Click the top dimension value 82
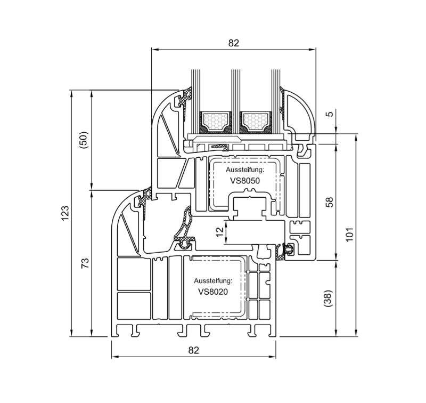[233, 43]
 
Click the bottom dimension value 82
[193, 350]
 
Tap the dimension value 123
[65, 213]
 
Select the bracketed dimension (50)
[85, 140]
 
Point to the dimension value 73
[85, 263]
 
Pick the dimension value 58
[329, 202]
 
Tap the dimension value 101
[350, 234]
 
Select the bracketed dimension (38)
[329, 299]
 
